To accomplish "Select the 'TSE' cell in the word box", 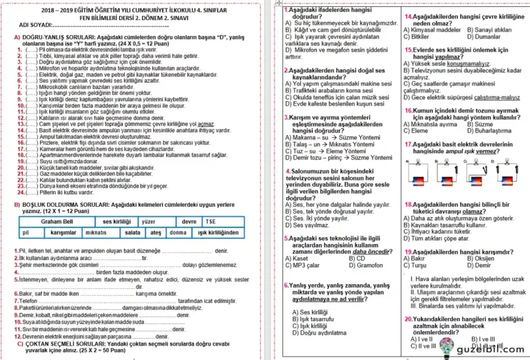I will (210, 221).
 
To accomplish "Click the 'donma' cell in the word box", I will (177, 233).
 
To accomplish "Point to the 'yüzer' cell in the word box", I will (148, 221).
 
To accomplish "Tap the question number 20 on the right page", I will (409, 319).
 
